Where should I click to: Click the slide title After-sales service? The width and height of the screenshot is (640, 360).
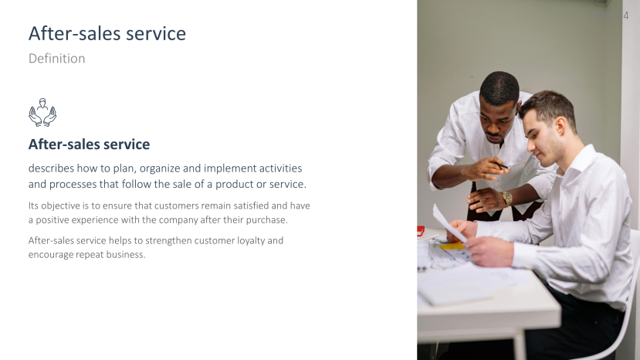click(x=107, y=33)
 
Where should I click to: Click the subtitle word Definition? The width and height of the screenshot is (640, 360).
click(x=56, y=59)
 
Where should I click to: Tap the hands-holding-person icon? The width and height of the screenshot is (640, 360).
click(x=42, y=112)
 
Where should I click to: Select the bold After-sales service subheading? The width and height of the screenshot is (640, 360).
click(x=89, y=144)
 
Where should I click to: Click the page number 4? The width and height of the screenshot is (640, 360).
click(x=626, y=15)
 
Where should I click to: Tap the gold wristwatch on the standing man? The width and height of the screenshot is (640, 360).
click(x=507, y=198)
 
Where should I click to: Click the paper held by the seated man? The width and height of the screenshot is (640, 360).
click(x=448, y=221)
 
